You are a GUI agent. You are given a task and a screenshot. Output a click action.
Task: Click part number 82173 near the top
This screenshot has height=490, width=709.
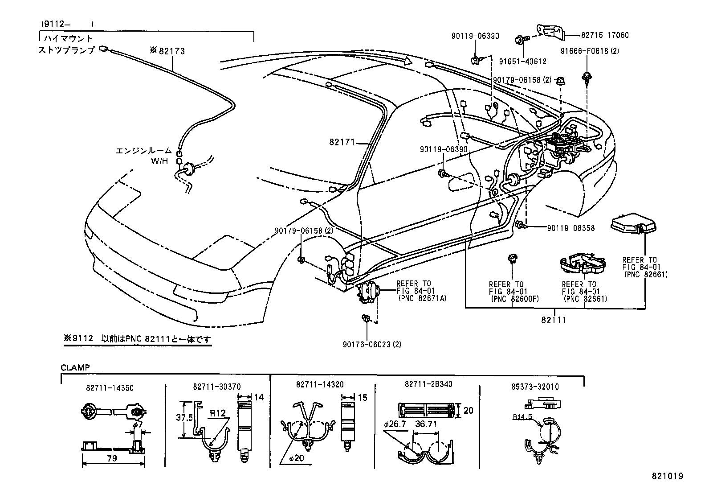click(x=171, y=51)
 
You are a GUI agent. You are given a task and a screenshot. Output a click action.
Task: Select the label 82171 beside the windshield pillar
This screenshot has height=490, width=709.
click(x=342, y=142)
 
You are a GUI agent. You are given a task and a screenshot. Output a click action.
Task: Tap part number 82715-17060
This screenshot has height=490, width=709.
click(x=604, y=35)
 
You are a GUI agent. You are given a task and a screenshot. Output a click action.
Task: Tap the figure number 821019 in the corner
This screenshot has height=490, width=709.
click(x=667, y=476)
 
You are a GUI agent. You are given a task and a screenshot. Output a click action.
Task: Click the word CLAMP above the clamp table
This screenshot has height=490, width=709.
click(x=75, y=367)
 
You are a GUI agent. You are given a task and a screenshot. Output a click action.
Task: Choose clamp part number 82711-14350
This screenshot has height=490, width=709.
click(x=110, y=388)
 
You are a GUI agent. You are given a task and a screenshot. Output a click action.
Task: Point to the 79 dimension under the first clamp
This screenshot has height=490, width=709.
click(x=112, y=458)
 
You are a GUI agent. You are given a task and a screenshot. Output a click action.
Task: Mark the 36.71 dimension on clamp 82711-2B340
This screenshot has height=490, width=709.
click(x=426, y=424)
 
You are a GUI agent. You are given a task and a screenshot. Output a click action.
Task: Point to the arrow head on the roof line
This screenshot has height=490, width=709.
click(x=406, y=61)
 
